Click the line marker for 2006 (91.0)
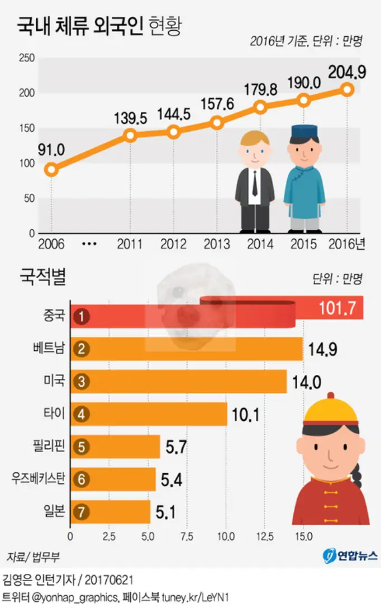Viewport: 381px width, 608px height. tap(51, 169)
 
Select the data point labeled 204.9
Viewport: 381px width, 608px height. tap(347, 89)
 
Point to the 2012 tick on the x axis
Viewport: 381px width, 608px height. tap(174, 244)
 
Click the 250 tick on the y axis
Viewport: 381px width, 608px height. tap(27, 58)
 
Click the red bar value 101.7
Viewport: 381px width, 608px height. tap(337, 307)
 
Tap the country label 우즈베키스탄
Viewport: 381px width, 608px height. tap(38, 479)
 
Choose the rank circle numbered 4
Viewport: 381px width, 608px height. tap(81, 414)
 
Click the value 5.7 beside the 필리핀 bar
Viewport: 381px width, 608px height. tap(177, 446)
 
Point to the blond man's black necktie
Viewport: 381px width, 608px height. tap(254, 182)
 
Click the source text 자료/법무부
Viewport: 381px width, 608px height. tap(33, 557)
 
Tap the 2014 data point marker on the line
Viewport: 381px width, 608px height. tap(260, 107)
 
